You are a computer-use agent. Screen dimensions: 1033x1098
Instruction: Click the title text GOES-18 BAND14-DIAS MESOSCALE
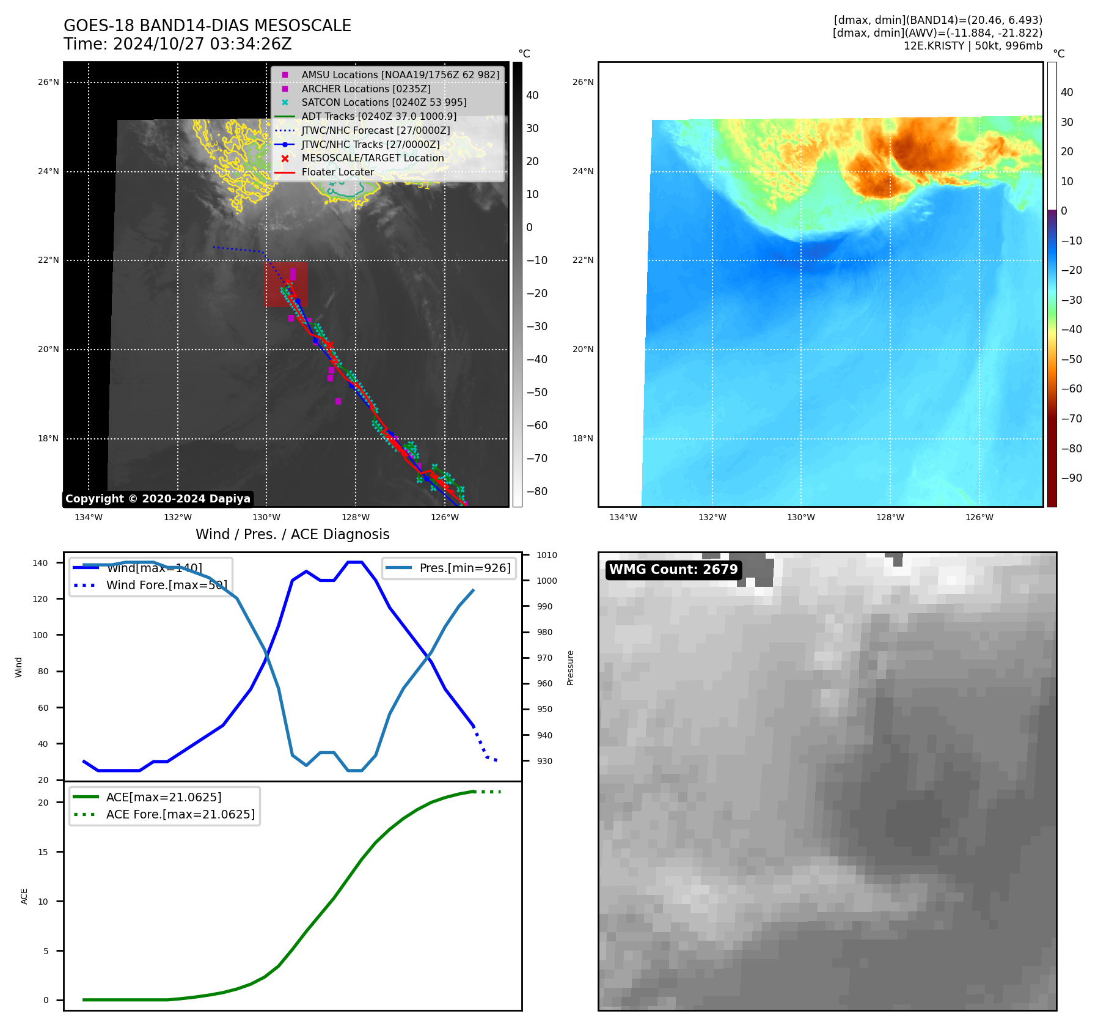click(207, 26)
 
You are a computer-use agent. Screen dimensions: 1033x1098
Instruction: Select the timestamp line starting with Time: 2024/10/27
click(177, 44)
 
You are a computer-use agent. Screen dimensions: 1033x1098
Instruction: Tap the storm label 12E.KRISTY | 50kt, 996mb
click(973, 46)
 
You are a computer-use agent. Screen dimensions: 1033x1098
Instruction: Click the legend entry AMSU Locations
click(400, 75)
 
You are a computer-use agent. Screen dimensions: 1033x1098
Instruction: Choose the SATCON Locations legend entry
click(383, 102)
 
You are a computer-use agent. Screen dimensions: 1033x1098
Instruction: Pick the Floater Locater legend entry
click(337, 172)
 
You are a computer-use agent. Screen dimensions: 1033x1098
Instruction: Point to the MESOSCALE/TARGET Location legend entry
click(372, 158)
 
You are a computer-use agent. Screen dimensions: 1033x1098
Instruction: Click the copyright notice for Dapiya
click(158, 499)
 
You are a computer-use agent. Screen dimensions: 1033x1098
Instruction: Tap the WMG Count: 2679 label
click(673, 570)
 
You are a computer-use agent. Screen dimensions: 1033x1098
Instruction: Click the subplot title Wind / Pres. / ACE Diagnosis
click(292, 534)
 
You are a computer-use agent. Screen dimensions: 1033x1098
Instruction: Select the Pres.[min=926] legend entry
click(464, 568)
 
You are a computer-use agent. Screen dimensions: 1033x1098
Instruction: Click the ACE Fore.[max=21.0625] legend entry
click(180, 814)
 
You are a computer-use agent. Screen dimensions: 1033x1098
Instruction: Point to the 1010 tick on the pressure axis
click(546, 555)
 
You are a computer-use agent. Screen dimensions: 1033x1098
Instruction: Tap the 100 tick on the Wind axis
click(40, 635)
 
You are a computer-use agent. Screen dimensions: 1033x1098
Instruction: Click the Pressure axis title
click(570, 667)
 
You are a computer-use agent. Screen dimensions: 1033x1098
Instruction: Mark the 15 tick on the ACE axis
click(43, 852)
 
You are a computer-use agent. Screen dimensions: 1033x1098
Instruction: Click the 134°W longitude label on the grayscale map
click(89, 518)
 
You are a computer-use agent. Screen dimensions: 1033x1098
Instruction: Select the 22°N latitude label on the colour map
click(583, 260)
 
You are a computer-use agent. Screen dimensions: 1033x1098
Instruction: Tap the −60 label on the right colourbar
click(1071, 389)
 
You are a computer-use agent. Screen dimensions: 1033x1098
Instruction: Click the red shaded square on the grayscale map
click(285, 285)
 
